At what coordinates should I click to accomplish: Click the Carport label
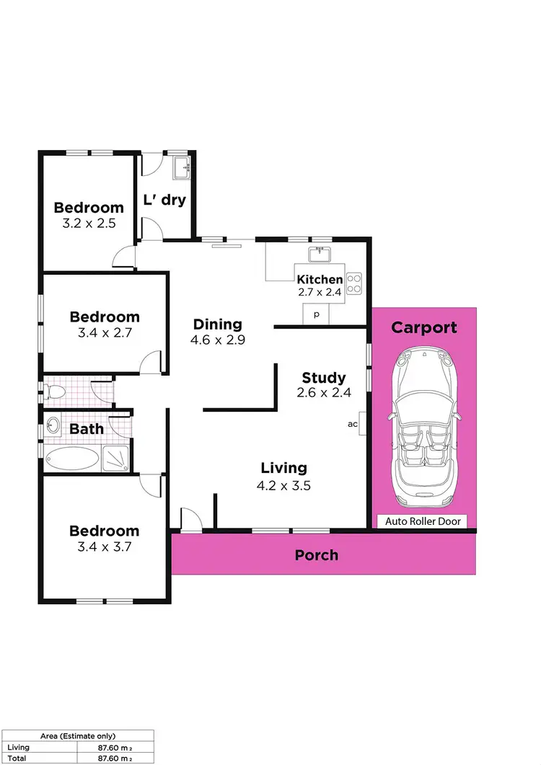[x=424, y=327]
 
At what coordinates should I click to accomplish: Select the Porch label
[x=317, y=555]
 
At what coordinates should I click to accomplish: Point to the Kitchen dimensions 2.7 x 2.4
[x=320, y=293]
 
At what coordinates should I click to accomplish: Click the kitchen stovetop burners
[x=354, y=283]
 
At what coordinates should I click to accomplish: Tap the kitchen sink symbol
[x=319, y=254]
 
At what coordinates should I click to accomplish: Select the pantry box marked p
[x=316, y=314]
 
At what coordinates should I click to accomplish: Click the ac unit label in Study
[x=353, y=424]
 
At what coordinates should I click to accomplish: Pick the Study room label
[x=324, y=378]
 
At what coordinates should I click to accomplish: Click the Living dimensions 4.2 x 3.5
[x=283, y=486]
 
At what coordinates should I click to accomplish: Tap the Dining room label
[x=217, y=324]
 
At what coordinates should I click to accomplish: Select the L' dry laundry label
[x=165, y=200]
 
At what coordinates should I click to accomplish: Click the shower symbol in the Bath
[x=116, y=457]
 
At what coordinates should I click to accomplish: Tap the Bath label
[x=87, y=429]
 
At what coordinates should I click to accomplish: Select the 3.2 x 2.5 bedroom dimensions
[x=89, y=224]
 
